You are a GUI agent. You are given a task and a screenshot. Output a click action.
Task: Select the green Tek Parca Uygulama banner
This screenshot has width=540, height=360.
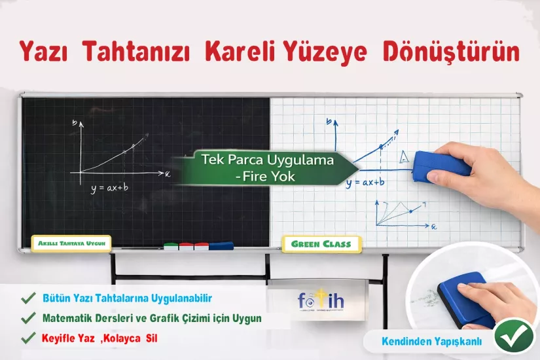pos(265,168)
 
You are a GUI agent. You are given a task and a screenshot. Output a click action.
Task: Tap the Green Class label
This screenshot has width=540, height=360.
pos(321,244)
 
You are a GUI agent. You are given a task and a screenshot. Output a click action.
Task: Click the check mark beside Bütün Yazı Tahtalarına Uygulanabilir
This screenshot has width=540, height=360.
pos(28,298)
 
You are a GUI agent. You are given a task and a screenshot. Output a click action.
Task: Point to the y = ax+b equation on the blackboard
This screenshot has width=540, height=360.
pos(109,189)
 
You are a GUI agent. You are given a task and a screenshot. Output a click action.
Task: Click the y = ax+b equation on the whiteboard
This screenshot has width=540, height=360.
pos(365,183)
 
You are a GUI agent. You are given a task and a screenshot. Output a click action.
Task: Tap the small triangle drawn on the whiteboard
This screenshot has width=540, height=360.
pos(406,157)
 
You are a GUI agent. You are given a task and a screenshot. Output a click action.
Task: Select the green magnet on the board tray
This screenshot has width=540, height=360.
pos(171,247)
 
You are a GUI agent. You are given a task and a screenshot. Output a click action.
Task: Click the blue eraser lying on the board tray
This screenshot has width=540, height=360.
pos(221,246)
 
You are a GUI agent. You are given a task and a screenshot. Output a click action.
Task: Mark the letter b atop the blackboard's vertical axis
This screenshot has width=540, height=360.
pos(75,122)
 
